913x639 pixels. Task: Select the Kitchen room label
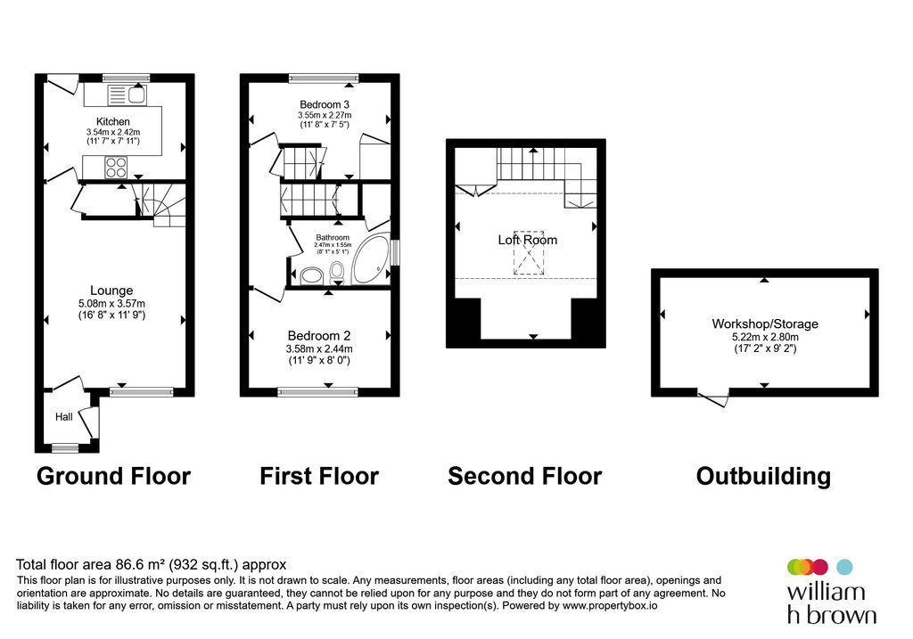click(113, 121)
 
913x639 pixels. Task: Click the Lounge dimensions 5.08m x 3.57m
click(111, 303)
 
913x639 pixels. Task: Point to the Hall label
click(64, 417)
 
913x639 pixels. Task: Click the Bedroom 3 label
click(324, 104)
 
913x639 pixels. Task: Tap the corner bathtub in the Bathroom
click(372, 260)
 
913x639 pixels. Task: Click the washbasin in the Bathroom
click(312, 274)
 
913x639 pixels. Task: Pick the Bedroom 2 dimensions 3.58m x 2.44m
click(318, 348)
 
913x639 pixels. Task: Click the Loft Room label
click(527, 240)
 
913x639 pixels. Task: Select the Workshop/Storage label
click(764, 324)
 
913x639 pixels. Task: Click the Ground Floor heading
click(113, 476)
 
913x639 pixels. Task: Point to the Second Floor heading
click(524, 476)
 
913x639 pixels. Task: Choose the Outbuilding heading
click(763, 476)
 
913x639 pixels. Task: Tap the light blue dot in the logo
click(845, 567)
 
